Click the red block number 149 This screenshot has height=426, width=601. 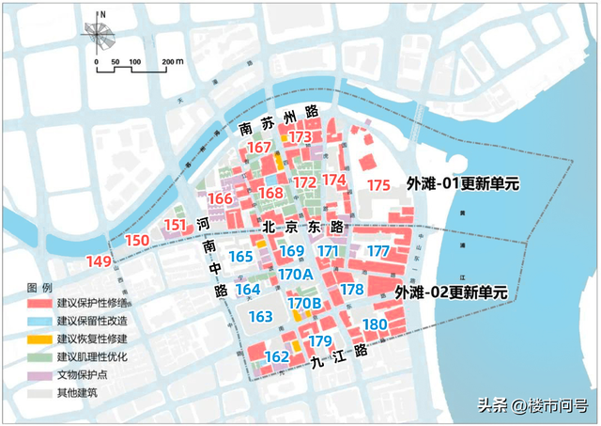tap(99, 260)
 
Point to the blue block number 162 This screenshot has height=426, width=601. tap(277, 356)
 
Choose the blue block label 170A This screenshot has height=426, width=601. tap(295, 274)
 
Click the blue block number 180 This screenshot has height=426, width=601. tap(375, 325)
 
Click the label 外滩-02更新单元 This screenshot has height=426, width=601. tap(451, 292)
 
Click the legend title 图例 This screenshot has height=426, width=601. tap(39, 286)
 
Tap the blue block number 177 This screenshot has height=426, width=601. tap(378, 251)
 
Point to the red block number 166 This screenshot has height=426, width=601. tap(220, 198)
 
